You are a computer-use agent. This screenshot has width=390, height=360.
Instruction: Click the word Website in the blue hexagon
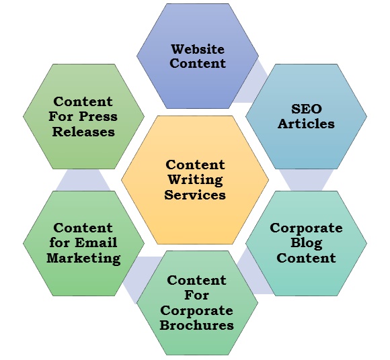coord(198,49)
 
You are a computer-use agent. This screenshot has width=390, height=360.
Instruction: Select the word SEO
coord(306,109)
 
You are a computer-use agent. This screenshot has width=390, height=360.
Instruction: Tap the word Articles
coord(306,124)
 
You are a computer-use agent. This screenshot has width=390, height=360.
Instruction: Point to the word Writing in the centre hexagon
coord(195,180)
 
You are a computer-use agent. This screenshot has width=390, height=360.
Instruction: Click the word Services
coord(195,195)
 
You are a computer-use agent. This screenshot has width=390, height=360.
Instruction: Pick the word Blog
coord(306,243)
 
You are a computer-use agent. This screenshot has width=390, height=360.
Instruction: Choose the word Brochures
coord(197,325)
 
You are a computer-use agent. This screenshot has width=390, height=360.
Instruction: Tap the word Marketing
coord(83,258)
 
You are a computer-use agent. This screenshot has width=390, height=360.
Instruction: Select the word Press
coord(97,116)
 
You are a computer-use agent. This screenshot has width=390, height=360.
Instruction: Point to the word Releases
coord(83,131)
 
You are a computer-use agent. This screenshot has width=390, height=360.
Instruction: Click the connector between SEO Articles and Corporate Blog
coord(306,180)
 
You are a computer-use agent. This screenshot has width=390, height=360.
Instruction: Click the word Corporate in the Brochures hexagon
coord(197,310)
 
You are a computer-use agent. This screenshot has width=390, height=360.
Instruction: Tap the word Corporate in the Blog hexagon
coord(306,228)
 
